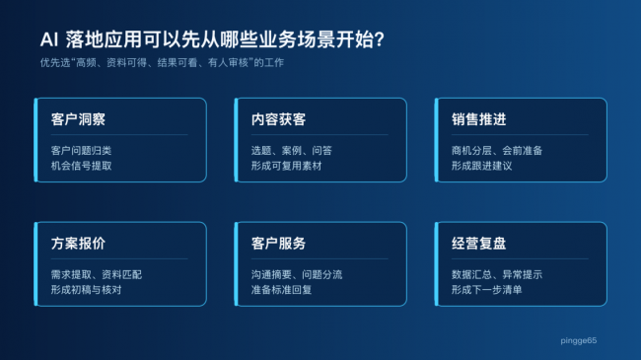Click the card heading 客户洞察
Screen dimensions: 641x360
78,119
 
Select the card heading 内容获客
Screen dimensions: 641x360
278,119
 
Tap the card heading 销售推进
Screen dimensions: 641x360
478,119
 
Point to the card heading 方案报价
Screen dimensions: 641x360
78,244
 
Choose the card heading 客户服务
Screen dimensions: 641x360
278,244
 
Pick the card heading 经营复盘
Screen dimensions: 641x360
478,244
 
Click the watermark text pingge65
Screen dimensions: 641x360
579,340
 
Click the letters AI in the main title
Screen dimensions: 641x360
49,39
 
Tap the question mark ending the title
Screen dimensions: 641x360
379,39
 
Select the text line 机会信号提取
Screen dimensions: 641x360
81,166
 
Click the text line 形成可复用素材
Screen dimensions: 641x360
286,166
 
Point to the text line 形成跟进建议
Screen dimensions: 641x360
481,166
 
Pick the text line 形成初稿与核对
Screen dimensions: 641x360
86,290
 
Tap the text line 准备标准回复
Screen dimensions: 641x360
281,290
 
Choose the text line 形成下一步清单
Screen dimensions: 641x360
486,290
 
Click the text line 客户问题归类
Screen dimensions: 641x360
81,151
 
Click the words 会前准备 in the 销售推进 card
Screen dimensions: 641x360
522,151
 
